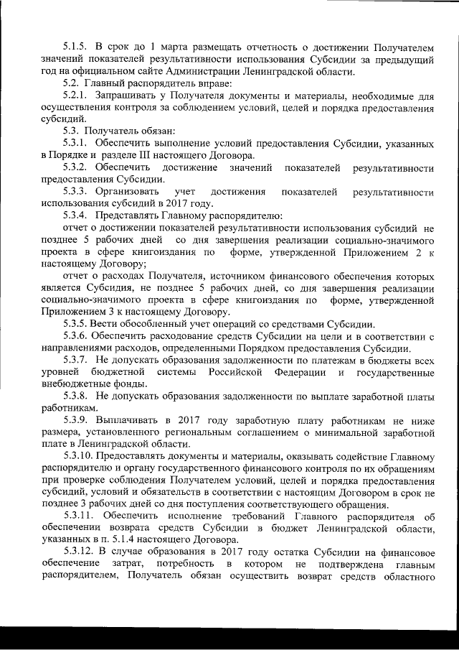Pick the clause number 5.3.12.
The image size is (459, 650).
(78, 551)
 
